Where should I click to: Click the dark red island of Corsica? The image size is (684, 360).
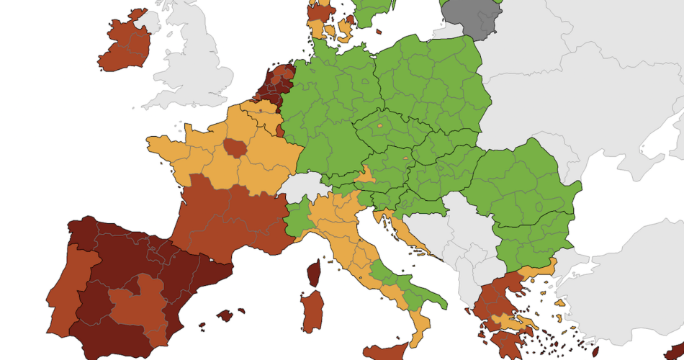point(314,274)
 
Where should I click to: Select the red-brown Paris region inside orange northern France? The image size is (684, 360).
point(234,148)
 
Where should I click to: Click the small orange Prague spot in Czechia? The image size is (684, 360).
point(379,127)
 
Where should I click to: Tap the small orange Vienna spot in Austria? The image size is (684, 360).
point(406,158)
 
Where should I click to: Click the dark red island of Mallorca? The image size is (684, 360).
point(226,315)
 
